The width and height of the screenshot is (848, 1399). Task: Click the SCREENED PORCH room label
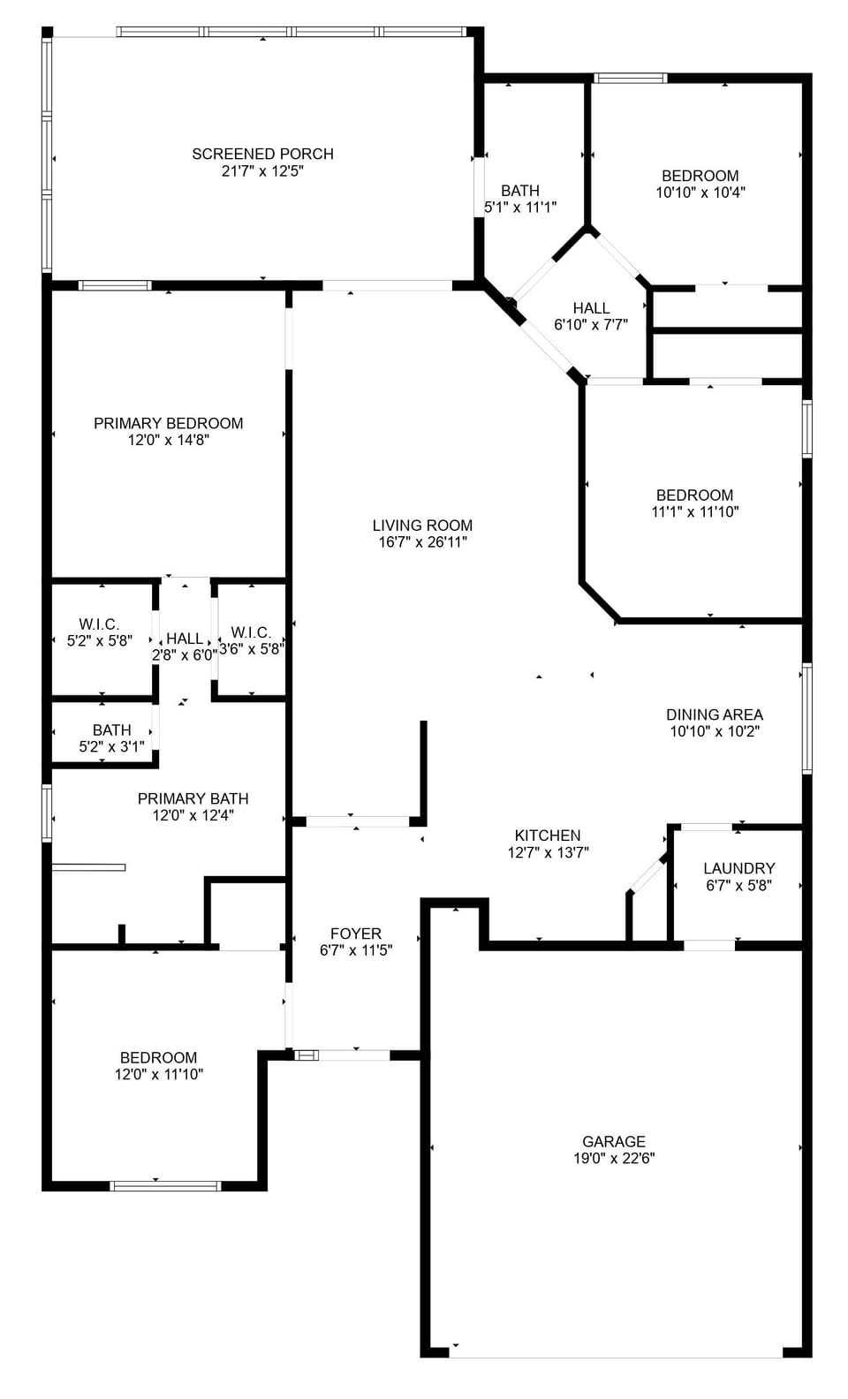[262, 154]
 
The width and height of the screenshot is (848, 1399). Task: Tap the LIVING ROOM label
[422, 526]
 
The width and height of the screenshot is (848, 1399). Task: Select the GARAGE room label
[613, 1142]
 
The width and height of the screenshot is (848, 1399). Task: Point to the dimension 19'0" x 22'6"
[613, 1159]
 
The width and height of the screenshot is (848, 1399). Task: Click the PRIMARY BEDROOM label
[168, 423]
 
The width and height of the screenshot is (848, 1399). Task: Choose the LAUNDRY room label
[738, 868]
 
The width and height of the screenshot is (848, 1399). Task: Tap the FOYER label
[355, 934]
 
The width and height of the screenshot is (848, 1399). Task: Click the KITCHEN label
[548, 836]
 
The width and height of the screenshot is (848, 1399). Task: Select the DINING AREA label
[714, 715]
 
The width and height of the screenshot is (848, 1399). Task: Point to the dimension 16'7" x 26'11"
[422, 542]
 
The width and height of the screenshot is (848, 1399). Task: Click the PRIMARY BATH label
[193, 798]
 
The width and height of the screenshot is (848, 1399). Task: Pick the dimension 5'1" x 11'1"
[519, 208]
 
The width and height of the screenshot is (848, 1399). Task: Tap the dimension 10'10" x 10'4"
[700, 192]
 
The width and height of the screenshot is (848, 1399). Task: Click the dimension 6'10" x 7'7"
[590, 324]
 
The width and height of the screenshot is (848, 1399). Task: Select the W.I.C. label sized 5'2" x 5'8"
[99, 624]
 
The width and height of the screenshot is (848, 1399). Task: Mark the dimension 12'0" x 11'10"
[158, 1075]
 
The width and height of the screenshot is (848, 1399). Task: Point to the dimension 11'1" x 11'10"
[694, 511]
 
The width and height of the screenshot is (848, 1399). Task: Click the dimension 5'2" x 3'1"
[111, 746]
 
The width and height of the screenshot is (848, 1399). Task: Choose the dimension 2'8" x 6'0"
[184, 655]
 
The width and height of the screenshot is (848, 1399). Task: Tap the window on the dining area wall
[806, 719]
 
